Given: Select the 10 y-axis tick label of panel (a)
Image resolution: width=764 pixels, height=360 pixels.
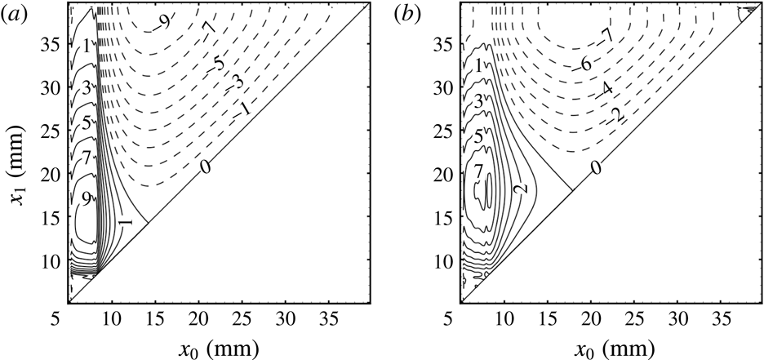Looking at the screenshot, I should [50, 261].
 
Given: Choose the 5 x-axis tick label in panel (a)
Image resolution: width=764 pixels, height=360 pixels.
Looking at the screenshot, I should [71, 314].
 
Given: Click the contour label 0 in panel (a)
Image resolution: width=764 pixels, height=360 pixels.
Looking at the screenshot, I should [206, 167].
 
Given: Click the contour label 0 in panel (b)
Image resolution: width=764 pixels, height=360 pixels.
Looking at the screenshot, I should [597, 167].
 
